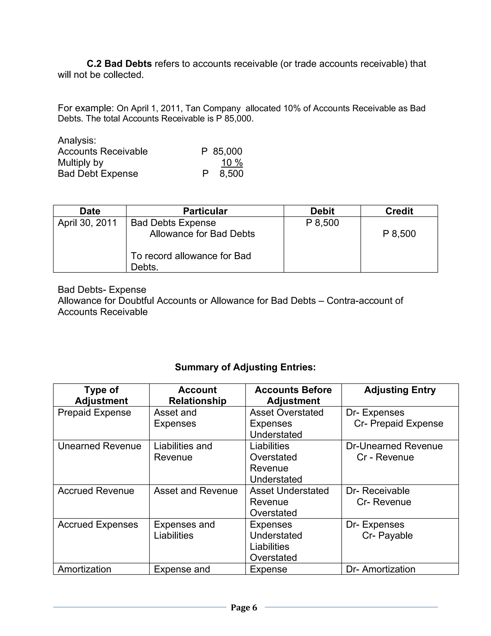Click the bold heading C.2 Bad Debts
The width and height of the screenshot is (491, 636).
[119, 64]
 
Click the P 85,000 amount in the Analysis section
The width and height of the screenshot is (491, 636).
[222, 151]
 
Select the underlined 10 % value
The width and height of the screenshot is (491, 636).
[232, 162]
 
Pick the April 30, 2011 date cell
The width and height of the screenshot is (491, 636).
[87, 223]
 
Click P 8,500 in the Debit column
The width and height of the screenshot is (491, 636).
[322, 223]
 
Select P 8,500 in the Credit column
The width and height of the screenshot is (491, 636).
[399, 234]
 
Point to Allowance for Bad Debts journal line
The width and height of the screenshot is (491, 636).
[202, 234]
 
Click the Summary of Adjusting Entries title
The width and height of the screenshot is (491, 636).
[245, 367]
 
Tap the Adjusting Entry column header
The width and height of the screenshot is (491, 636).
[400, 390]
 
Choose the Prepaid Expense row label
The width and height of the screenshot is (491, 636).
[94, 413]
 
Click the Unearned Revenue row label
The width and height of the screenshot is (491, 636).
[99, 446]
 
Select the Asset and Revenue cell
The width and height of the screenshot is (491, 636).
[196, 491]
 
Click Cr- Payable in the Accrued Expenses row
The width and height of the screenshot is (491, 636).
[387, 535]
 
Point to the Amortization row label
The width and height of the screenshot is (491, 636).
[85, 569]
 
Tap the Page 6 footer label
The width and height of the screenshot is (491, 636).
[244, 607]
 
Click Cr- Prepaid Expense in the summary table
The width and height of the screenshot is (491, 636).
[398, 424]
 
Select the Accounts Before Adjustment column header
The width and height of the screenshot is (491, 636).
[293, 395]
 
